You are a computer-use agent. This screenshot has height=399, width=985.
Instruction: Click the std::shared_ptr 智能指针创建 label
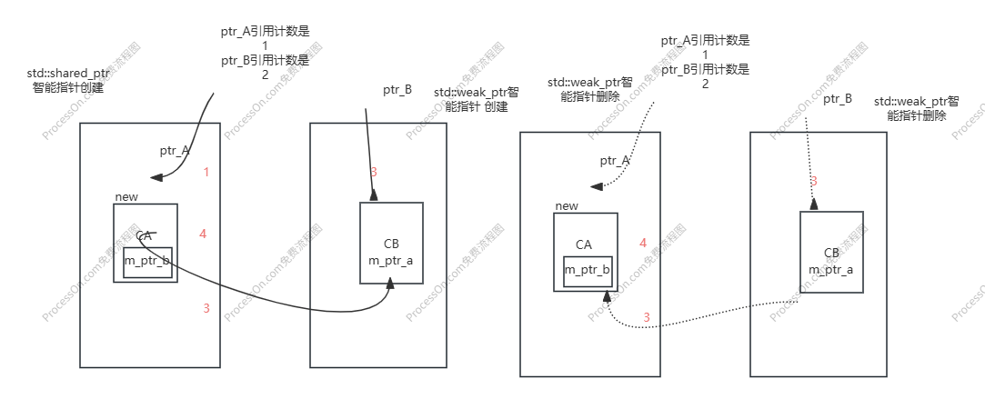[x=70, y=81]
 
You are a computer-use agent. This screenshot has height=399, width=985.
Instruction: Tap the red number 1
[x=206, y=172]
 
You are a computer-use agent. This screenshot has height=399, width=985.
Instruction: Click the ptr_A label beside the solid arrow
[x=175, y=151]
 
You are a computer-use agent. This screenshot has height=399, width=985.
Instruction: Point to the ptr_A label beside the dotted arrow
[x=615, y=161]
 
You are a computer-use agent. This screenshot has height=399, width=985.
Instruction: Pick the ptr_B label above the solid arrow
[x=397, y=90]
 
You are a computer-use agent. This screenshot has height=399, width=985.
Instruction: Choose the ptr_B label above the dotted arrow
[x=838, y=98]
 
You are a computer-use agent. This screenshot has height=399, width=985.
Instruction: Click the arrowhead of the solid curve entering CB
[x=390, y=284]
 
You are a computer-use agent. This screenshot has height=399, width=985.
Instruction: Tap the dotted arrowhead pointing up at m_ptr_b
[x=604, y=294]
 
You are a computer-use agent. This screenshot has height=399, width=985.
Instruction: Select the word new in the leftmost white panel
[x=126, y=197]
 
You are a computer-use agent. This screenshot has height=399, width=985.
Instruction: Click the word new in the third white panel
[x=567, y=206]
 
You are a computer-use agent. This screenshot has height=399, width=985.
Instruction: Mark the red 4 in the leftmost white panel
[x=203, y=234]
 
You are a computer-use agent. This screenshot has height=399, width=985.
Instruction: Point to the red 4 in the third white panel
[x=643, y=244]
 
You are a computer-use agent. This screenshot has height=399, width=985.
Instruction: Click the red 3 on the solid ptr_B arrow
[x=373, y=172]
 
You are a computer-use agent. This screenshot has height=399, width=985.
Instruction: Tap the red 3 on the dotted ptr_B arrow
[x=813, y=181]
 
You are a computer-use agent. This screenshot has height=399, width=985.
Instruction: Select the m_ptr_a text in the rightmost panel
[x=830, y=269]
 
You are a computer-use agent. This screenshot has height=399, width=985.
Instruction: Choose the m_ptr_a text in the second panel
[x=390, y=260]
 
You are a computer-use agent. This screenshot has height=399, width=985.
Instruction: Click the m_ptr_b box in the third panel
[x=587, y=271]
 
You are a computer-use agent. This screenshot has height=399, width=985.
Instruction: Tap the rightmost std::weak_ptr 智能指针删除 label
[x=916, y=108]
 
